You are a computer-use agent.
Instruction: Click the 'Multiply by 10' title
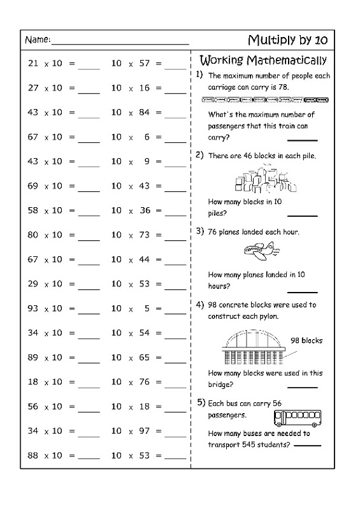(x=287, y=40)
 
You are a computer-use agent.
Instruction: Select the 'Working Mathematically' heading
(x=263, y=61)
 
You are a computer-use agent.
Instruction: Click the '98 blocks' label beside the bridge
(x=306, y=340)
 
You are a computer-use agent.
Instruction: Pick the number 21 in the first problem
(x=33, y=64)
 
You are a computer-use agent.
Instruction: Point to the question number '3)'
(x=199, y=231)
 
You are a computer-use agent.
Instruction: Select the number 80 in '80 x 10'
(x=33, y=235)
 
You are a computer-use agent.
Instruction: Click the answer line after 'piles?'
(x=306, y=214)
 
